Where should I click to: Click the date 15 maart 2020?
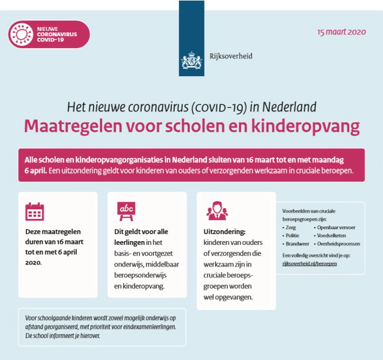(341, 32)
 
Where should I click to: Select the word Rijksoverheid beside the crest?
(231, 56)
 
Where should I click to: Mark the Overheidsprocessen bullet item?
(339, 244)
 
